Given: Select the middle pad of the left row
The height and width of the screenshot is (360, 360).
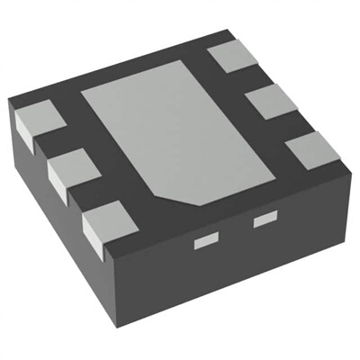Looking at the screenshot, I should pyautogui.click(x=70, y=170).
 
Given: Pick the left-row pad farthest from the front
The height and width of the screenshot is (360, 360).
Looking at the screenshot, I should pyautogui.click(x=35, y=123).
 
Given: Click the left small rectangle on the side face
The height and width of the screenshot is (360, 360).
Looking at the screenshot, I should pyautogui.click(x=207, y=240).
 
